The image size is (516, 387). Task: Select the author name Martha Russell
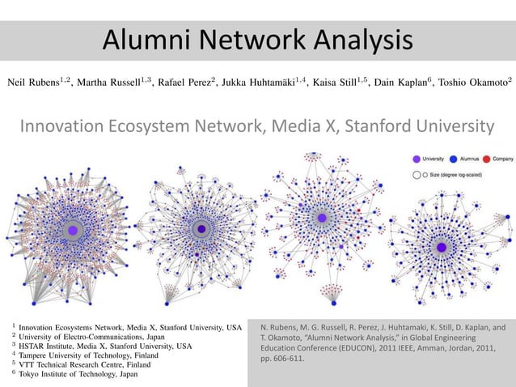pos(111,83)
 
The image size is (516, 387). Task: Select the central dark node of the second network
pos(201,230)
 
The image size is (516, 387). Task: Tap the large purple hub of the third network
pos(322,219)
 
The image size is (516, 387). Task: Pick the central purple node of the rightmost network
pos(442,247)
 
